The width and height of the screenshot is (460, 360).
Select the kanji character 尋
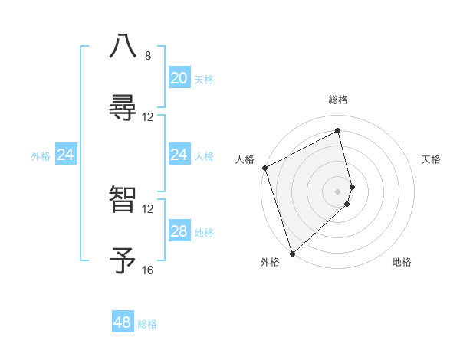click(123, 106)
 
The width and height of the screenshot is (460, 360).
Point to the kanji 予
click(123, 260)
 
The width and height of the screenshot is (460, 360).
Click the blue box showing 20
click(179, 78)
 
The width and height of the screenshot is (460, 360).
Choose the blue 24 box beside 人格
click(179, 155)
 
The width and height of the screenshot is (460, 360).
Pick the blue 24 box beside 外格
click(66, 155)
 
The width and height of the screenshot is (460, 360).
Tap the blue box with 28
click(179, 231)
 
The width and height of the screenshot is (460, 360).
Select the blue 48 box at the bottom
click(123, 322)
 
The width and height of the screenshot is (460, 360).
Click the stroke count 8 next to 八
click(148, 56)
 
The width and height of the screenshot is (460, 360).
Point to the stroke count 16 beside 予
click(148, 270)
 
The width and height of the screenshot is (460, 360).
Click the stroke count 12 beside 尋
click(148, 117)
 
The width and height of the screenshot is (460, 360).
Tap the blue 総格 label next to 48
click(147, 324)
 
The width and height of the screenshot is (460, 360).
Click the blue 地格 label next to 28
click(204, 232)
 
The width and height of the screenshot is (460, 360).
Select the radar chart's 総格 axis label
click(338, 100)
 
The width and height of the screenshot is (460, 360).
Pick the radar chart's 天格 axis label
click(432, 159)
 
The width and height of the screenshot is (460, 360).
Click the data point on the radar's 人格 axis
click(264, 168)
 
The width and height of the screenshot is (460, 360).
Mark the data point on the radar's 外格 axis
click(292, 253)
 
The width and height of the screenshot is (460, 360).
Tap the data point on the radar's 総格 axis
click(338, 130)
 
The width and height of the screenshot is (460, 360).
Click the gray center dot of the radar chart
click(338, 191)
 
